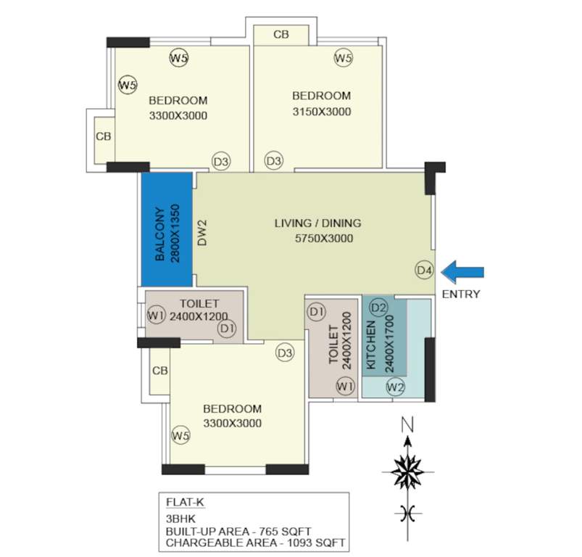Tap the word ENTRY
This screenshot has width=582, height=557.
coord(460,294)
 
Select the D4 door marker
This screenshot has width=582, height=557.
coord(425,271)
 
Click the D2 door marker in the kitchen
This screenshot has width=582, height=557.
coord(378,308)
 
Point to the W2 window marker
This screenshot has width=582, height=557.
coord(395,387)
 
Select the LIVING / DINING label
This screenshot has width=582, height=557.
coord(317,223)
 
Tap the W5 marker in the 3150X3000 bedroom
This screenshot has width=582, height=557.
coord(344,58)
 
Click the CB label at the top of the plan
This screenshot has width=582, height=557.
coord(282,34)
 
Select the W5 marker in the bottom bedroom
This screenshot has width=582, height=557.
coord(180,435)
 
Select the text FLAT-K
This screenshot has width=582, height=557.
coord(184,500)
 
